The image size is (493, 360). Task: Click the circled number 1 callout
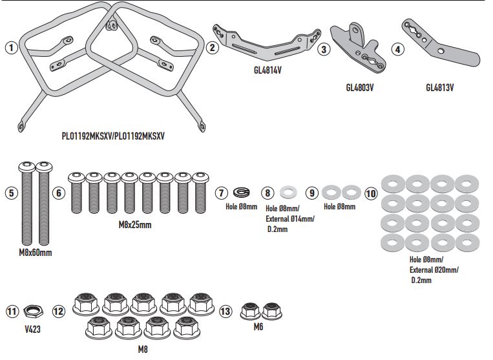10,48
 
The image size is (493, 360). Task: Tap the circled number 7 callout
221,193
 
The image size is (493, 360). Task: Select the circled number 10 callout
371,193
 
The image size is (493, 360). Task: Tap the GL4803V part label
360,86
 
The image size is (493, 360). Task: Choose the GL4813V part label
441,86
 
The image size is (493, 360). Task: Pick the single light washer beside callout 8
288,193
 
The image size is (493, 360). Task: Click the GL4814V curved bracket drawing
266,42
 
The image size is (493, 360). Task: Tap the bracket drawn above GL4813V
439,46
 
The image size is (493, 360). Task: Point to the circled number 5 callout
10,193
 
